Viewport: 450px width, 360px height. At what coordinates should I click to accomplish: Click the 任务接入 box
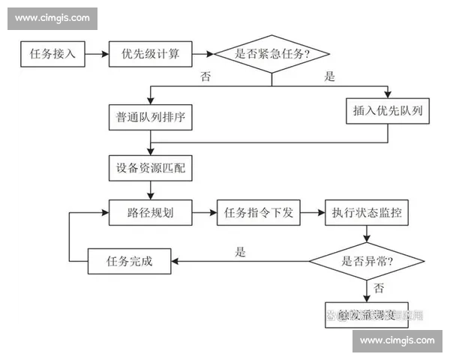click(x=52, y=54)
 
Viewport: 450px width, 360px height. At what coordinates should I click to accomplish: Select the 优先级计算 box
click(x=151, y=54)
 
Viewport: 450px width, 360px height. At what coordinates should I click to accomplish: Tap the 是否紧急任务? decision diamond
click(x=272, y=54)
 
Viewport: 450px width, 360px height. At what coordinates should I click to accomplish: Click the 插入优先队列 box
click(x=388, y=111)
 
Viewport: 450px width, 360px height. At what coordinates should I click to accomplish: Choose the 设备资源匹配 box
click(x=151, y=169)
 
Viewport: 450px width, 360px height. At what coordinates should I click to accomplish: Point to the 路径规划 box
click(x=151, y=212)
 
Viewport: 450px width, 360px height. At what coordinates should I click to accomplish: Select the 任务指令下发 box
click(x=258, y=212)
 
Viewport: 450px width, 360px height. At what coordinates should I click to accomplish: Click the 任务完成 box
click(x=130, y=261)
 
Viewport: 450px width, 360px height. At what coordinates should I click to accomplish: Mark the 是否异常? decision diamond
click(x=367, y=261)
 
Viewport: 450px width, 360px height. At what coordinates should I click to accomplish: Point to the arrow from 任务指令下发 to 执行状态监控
click(x=312, y=212)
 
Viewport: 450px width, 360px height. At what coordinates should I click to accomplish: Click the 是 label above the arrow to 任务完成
click(x=240, y=252)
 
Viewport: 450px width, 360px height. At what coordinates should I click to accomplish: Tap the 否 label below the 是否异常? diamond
click(x=379, y=288)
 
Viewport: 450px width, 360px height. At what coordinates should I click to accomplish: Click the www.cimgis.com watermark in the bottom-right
click(x=397, y=340)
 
